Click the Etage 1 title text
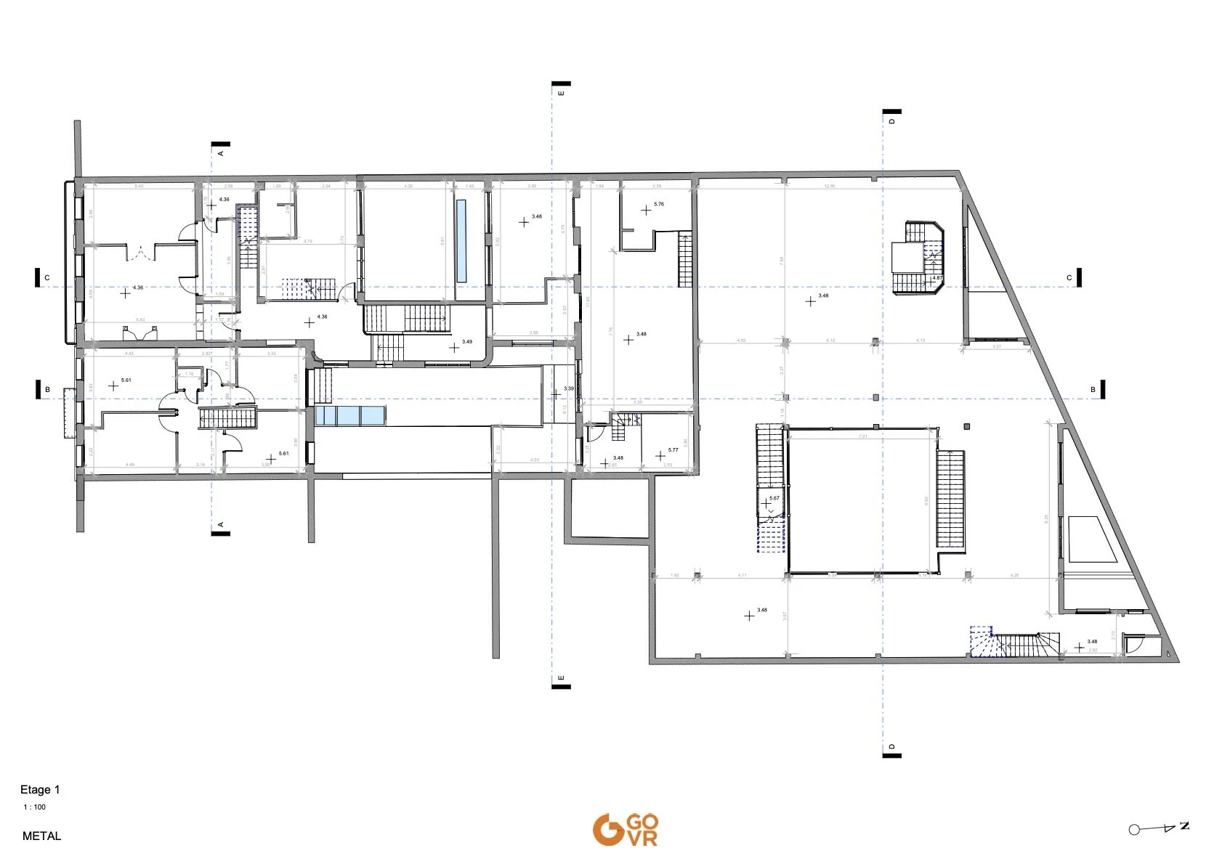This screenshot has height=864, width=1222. tap(40, 789)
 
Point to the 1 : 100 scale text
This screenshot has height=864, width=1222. tap(34, 807)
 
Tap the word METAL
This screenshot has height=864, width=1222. tap(41, 836)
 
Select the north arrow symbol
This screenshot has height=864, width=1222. tap(1159, 828)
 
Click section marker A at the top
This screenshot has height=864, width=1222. tap(221, 149)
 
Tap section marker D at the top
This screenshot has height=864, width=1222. tap(892, 117)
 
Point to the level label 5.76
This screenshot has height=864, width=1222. tap(658, 204)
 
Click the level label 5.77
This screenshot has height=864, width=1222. tap(673, 450)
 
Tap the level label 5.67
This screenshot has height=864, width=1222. tap(774, 498)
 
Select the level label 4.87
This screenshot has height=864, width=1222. tap(937, 278)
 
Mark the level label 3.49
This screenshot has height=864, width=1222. tap(466, 342)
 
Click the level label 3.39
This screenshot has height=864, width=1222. tap(568, 389)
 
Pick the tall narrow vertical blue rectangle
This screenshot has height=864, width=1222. tap(461, 241)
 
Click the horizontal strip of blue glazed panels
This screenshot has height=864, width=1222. tap(350, 416)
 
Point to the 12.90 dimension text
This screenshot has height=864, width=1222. tap(829, 187)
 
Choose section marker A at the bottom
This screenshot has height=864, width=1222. tap(221, 528)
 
